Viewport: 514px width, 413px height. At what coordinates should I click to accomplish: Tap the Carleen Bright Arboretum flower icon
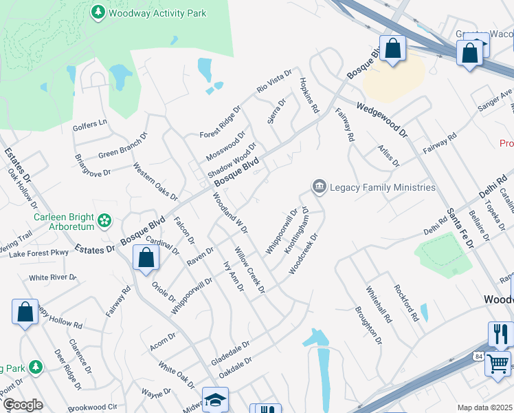(x=104, y=221)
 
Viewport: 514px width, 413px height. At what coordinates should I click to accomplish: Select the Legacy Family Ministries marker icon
(x=319, y=187)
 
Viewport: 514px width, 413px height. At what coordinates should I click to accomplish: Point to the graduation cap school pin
(x=215, y=400)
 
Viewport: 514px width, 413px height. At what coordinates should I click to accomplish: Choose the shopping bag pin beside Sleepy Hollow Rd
(x=25, y=311)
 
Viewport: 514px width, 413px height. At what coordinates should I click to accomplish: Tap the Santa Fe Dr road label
(x=460, y=226)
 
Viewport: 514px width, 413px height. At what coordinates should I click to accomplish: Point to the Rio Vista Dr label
(x=275, y=82)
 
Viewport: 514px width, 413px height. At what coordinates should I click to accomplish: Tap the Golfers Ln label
(x=90, y=124)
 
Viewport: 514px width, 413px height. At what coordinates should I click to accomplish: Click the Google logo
(x=23, y=405)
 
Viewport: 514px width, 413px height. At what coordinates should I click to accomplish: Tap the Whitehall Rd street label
(x=379, y=305)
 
